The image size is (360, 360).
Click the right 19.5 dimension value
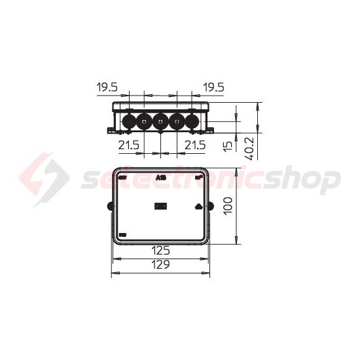213,86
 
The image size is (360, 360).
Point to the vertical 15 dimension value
227,146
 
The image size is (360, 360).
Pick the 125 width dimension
160,250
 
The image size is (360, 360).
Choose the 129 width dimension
160,264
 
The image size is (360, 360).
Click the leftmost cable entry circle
129,121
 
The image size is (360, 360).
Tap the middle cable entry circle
161,121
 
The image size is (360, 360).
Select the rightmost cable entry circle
192,121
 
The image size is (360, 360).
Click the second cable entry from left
145,121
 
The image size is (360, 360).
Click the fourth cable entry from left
177,121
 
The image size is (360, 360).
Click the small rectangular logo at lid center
161,206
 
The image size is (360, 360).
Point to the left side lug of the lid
110,207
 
